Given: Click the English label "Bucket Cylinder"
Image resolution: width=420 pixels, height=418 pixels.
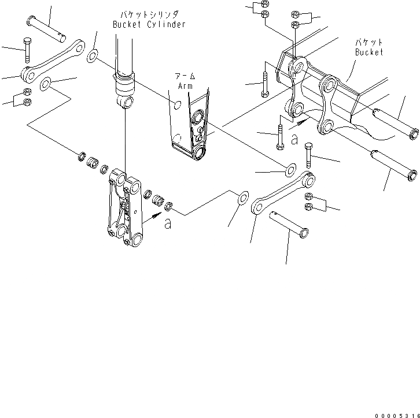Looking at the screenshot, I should (x=149, y=24).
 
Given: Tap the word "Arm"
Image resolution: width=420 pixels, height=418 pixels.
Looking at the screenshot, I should (x=185, y=86).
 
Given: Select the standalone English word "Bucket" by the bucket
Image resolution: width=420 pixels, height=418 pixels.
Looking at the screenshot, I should (x=369, y=52).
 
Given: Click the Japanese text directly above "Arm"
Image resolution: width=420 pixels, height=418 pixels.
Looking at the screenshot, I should (x=185, y=76).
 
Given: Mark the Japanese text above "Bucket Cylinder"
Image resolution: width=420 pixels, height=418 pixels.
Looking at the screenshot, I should (x=149, y=14).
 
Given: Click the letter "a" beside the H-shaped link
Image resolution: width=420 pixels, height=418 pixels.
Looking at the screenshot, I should (x=168, y=223).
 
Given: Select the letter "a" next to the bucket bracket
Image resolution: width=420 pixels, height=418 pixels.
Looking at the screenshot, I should (x=294, y=139).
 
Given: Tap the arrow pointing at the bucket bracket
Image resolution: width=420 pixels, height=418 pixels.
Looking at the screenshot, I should (x=301, y=123).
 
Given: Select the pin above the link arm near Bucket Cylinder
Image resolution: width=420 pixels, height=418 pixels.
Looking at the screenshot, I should (x=48, y=29).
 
